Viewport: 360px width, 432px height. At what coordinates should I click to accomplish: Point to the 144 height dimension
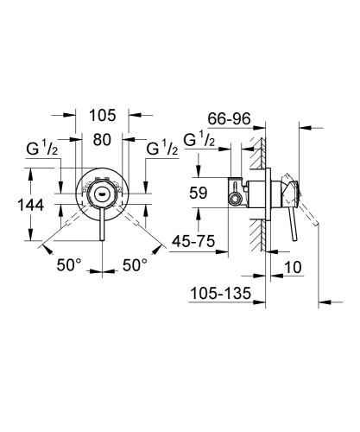click(18, 205)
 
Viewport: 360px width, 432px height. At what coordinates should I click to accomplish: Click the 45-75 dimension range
click(192, 244)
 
